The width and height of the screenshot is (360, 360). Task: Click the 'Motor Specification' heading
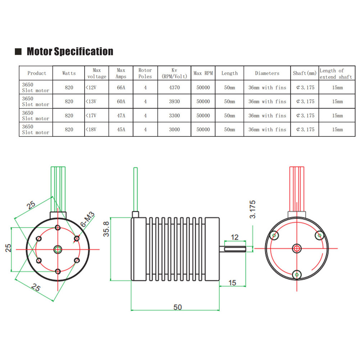pos(70,51)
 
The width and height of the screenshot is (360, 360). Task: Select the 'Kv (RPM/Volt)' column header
pos(174,73)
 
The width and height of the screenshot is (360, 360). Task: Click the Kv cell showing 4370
pos(174,87)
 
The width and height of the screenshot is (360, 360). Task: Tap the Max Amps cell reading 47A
pos(121,116)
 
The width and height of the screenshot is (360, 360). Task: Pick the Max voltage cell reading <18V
pos(91,130)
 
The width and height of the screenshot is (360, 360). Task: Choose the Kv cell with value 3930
pos(174,102)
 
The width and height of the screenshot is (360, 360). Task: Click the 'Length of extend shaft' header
pos(336,74)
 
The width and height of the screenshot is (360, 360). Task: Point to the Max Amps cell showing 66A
pos(121,87)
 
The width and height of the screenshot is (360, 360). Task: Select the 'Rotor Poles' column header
pos(145,73)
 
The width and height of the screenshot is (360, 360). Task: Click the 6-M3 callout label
pos(87,219)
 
